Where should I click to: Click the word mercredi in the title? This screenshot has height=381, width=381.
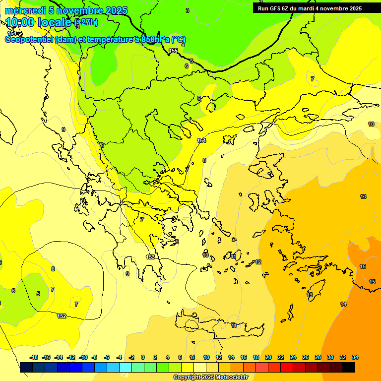point(23,10)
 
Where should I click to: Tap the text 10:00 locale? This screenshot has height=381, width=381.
point(39,22)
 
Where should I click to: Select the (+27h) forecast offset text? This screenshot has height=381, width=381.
point(86,22)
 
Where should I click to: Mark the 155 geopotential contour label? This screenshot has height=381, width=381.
point(173,51)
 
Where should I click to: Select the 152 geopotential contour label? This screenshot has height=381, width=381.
point(62,316)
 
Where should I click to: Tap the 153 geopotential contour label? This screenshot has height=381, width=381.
point(150,257)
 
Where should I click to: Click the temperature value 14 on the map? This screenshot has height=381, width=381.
point(343,304)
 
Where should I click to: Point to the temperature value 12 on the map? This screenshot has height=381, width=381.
point(258,262)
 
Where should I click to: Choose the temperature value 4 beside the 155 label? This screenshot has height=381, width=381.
point(183,45)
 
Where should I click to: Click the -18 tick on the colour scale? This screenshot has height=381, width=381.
point(33,357)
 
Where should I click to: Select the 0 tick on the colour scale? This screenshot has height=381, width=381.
point(143,357)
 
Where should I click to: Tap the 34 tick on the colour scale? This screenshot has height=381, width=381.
point(355,357)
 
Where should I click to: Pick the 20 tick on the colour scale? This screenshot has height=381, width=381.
point(268,357)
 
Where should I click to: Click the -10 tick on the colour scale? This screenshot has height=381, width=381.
point(83,357)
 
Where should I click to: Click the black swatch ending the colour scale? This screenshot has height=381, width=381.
point(349,368)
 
